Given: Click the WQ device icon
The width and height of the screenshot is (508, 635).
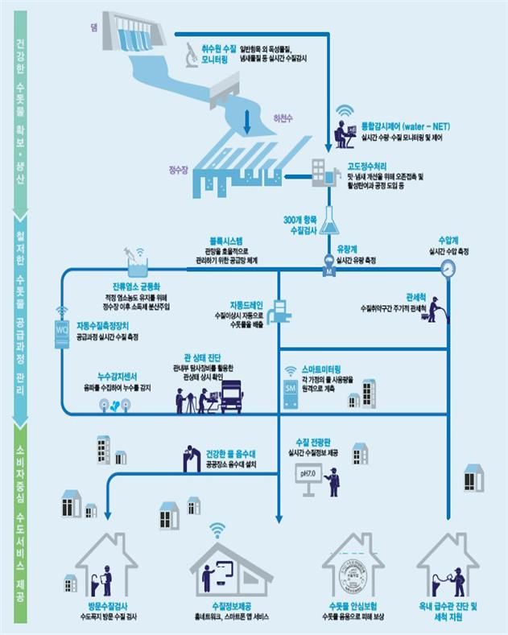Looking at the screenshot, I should pos(62,329).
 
